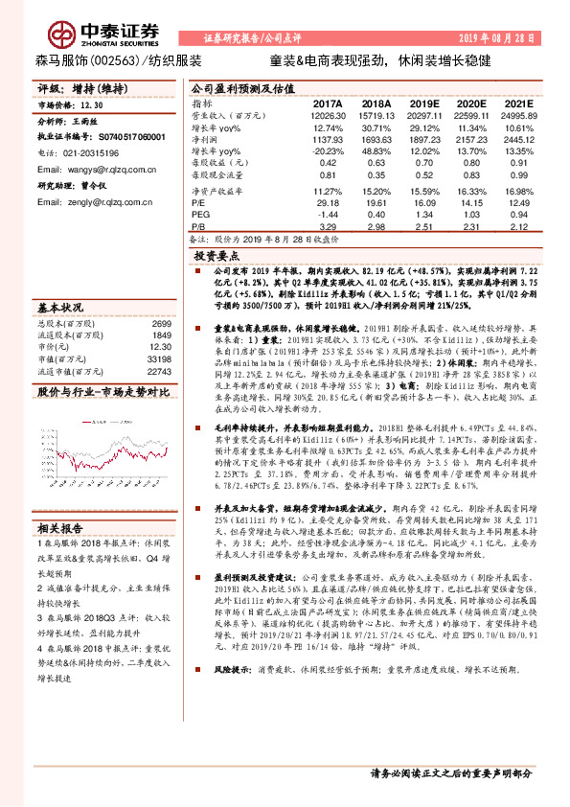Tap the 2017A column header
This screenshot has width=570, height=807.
click(327, 103)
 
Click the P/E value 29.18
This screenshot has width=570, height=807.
click(328, 203)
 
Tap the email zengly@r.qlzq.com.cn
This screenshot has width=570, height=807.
click(90, 203)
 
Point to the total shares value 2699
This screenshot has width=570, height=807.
click(162, 324)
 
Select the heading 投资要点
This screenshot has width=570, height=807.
click(216, 258)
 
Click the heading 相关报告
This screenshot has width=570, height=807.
click(62, 528)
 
